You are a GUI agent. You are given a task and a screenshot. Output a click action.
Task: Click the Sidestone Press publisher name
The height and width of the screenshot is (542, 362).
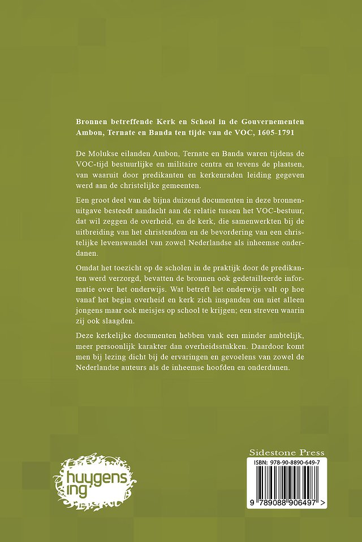tap(287, 452)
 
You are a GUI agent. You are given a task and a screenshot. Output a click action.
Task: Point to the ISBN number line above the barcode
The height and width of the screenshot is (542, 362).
tap(287, 462)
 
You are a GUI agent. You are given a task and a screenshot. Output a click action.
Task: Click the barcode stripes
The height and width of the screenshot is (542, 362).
tap(287, 482)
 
